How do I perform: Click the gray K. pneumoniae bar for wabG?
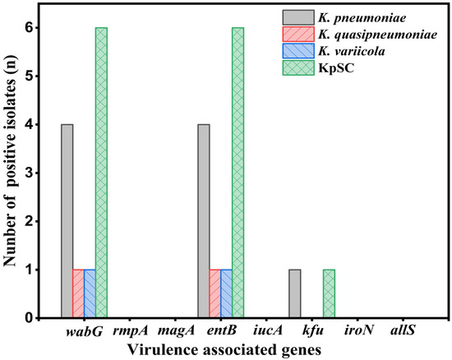[67, 221]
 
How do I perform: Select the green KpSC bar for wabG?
[101, 173]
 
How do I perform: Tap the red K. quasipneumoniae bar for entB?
[215, 293]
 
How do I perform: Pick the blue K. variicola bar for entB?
[226, 293]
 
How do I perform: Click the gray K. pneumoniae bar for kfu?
[294, 293]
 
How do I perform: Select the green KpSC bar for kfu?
[329, 293]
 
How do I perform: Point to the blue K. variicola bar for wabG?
[90, 293]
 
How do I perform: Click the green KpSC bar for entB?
[238, 173]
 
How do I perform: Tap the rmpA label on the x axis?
[131, 331]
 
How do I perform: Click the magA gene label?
[176, 331]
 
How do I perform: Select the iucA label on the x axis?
[268, 330]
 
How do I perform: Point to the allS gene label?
[403, 330]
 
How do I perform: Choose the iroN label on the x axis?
[358, 330]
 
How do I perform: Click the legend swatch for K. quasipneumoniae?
[298, 35]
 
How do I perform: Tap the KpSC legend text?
[336, 68]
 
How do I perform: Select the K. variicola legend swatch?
[298, 51]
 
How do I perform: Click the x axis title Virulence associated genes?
[224, 350]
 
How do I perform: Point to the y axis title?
[11, 161]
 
